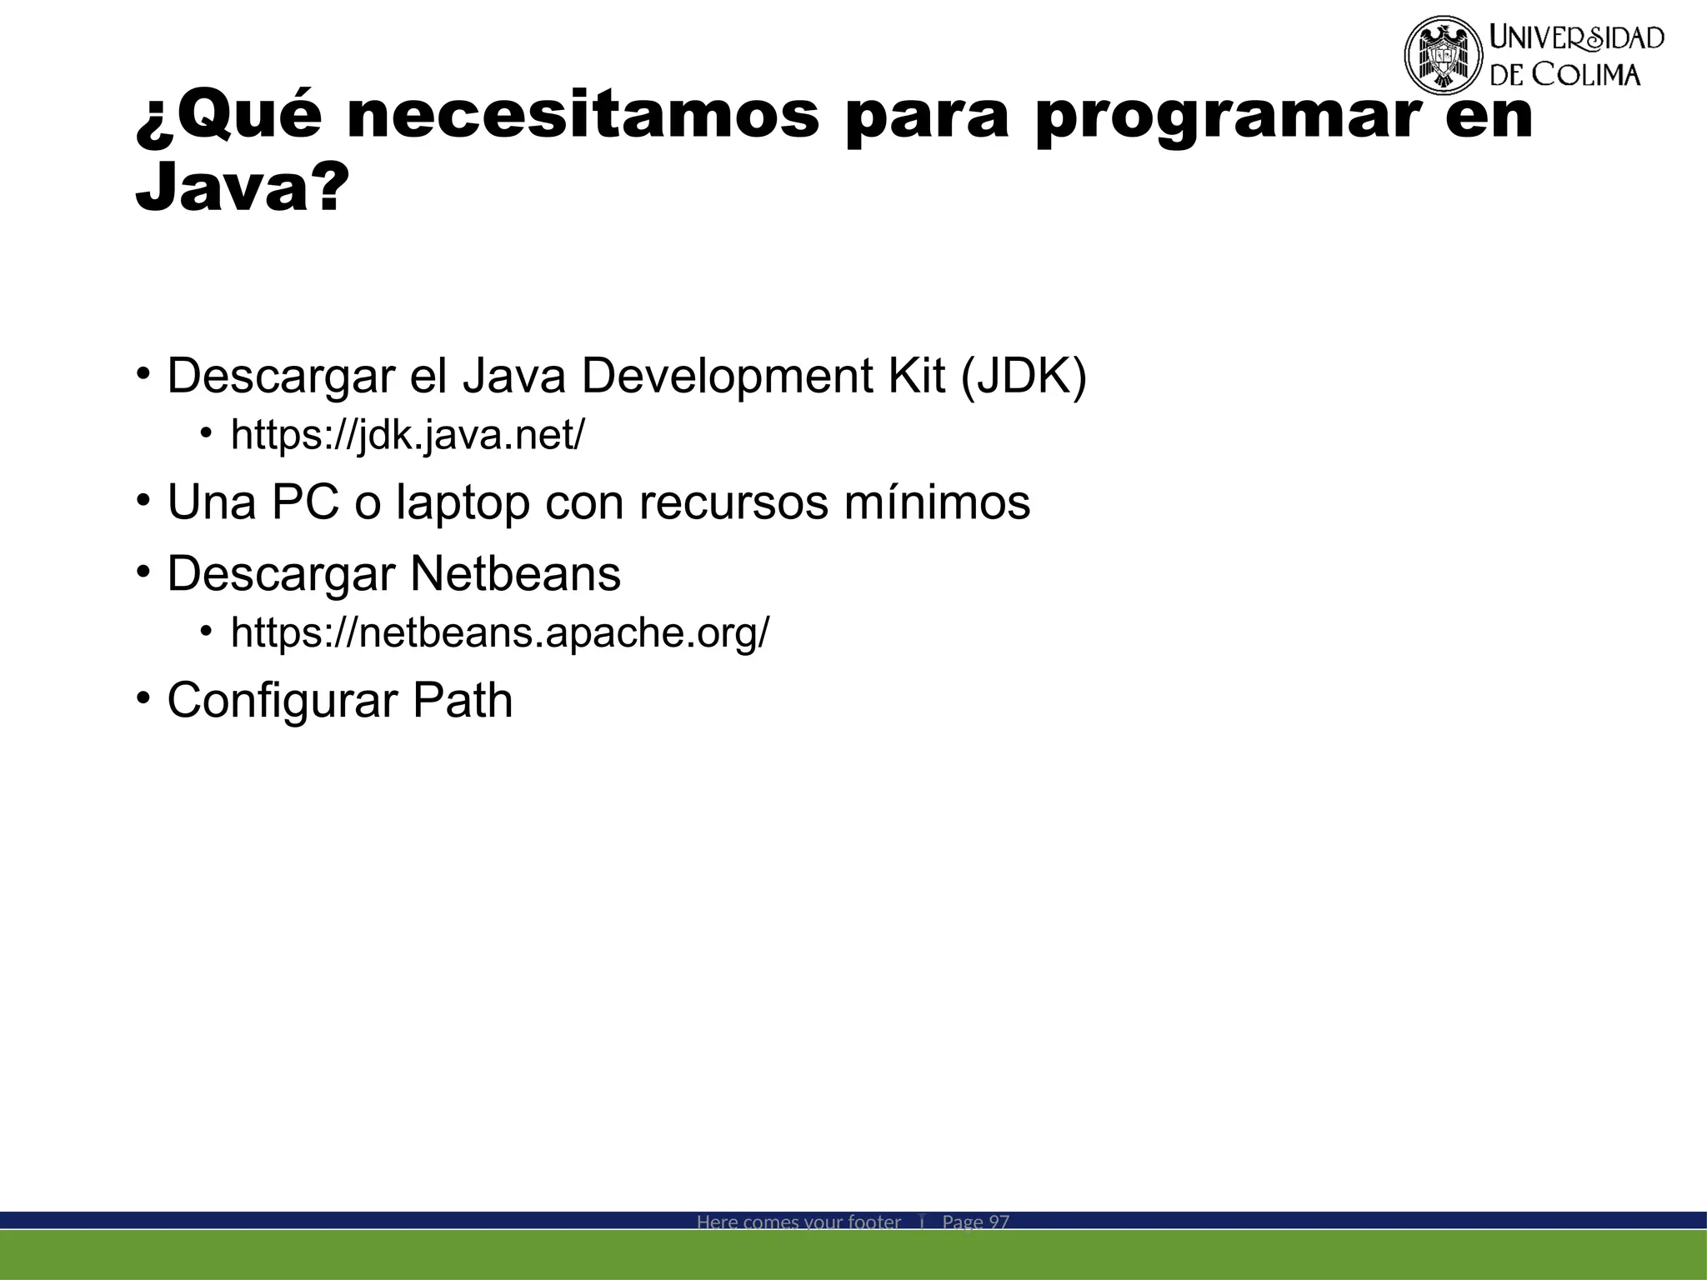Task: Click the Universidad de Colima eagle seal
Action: click(1444, 55)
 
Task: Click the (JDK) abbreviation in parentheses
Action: click(1024, 376)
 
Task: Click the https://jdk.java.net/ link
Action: click(408, 435)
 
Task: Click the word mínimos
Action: click(937, 502)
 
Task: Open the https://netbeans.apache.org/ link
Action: click(500, 632)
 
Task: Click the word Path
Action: click(463, 700)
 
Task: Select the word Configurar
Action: click(282, 700)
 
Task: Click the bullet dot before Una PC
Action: click(143, 501)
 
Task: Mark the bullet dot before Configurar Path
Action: click(143, 698)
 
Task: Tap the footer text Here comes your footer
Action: click(798, 1222)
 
